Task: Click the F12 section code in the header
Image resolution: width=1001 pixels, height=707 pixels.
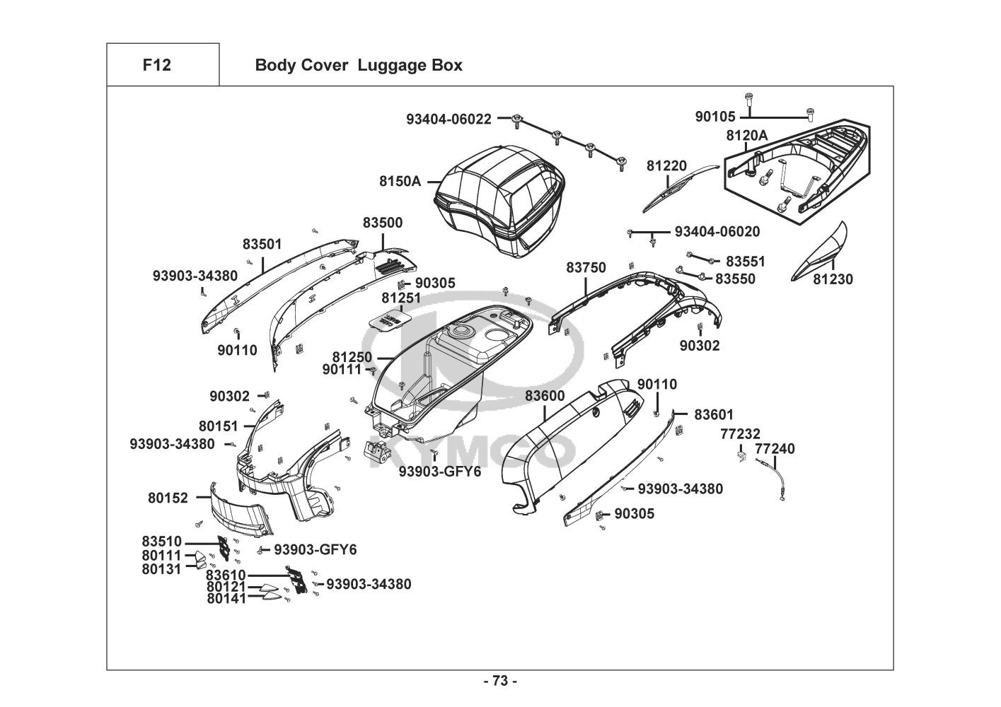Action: pos(156,65)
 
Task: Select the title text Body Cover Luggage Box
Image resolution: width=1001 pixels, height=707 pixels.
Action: pos(358,66)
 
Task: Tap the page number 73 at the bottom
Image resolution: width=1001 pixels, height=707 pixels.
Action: pos(499,681)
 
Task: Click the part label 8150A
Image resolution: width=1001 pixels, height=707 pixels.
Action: pos(400,181)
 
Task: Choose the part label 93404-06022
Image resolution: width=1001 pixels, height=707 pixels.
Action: pos(449,119)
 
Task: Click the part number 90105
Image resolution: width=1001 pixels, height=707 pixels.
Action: pos(715,117)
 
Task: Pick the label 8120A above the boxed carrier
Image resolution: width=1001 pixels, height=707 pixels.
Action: pos(746,135)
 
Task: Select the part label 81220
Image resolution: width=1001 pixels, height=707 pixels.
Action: pos(666,166)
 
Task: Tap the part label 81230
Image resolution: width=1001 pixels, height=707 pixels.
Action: pos(833,279)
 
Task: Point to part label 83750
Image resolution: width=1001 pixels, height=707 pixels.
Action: pos(586,268)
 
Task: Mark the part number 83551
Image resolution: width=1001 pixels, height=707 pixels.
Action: pos(745,262)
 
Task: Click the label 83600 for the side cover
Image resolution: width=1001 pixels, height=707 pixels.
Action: pos(545,397)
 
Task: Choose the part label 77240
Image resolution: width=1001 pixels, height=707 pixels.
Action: pos(775,448)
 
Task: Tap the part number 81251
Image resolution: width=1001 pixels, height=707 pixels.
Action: pos(401,298)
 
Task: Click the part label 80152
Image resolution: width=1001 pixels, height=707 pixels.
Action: pos(168,498)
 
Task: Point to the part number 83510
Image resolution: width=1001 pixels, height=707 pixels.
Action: pos(161,542)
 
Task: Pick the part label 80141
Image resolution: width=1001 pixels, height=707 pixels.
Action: pos(226,598)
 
